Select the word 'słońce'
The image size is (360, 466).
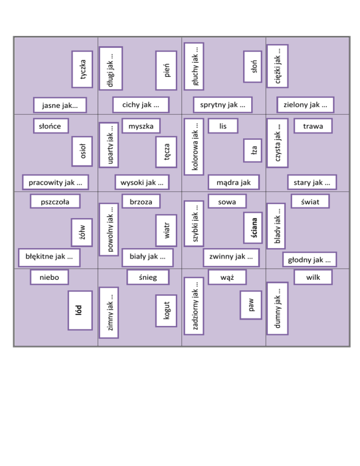[x=51, y=126]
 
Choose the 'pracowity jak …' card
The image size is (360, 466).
[x=56, y=181]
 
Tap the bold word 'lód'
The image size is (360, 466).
[x=79, y=310]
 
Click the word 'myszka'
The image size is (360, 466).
[x=141, y=126]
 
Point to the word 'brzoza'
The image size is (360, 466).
[x=141, y=202]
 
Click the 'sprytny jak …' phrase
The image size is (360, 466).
[x=223, y=105]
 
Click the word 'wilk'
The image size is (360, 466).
[x=313, y=277]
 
